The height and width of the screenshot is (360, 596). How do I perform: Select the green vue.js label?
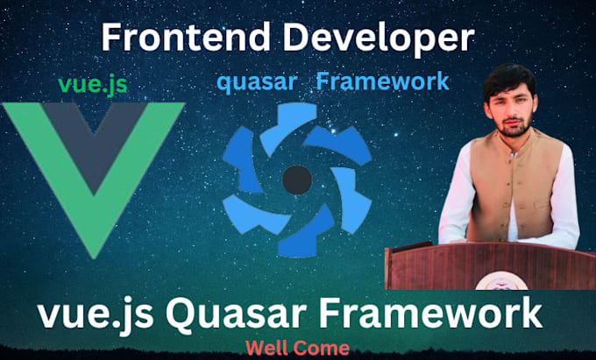click(x=93, y=84)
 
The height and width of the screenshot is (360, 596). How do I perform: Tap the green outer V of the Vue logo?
click(x=35, y=140)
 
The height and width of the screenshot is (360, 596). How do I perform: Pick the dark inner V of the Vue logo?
click(x=93, y=131)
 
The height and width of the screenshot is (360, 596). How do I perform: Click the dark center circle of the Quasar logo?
click(x=297, y=181)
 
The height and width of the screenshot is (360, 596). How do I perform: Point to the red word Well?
click(x=266, y=347)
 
